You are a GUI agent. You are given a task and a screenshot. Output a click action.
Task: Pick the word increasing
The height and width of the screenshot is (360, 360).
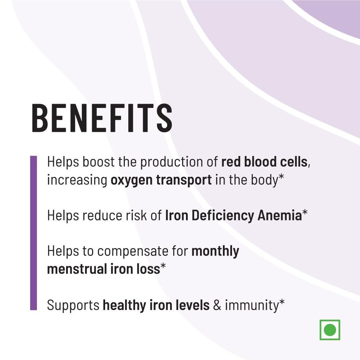point(77,180)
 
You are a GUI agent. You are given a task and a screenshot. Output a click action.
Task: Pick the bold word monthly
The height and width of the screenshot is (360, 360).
point(216,252)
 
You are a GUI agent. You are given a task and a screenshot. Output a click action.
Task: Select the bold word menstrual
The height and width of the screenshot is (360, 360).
point(75,269)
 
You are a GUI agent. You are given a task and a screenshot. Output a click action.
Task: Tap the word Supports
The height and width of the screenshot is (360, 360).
point(73,305)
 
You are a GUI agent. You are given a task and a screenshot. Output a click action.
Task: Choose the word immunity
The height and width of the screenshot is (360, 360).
point(252,305)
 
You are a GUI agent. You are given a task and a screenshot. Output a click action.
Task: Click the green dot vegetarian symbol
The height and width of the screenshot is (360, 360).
point(330,330)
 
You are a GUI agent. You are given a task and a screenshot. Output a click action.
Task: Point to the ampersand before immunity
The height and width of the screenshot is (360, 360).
point(217,305)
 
